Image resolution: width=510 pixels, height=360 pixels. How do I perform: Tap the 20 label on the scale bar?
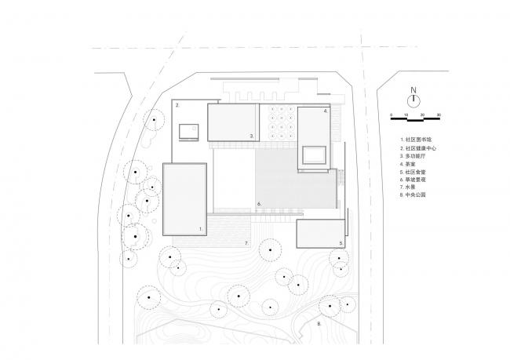423,115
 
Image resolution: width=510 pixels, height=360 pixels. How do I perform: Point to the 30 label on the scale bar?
439,115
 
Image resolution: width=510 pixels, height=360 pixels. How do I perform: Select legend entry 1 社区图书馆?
413,139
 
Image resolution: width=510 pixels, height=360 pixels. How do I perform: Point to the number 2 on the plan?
177,104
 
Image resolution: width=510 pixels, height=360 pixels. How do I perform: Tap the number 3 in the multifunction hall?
251,136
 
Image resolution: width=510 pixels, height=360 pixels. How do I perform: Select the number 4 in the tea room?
325,112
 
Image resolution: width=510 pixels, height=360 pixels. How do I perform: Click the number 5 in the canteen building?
341,244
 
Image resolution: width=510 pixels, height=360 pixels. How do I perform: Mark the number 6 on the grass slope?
258,205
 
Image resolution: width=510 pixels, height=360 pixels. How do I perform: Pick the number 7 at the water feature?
246,244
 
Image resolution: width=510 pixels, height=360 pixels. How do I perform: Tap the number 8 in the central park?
319,322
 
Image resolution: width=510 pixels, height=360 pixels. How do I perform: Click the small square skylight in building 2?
188,132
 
